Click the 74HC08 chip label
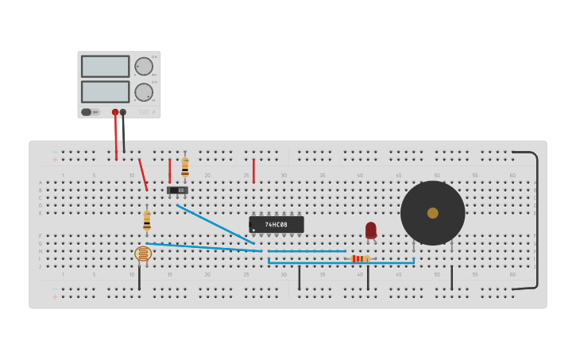pyautogui.click(x=276, y=225)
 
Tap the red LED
pyautogui.click(x=371, y=230)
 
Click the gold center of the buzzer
pyautogui.click(x=432, y=213)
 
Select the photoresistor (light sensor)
pyautogui.click(x=143, y=254)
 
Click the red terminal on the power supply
pyautogui.click(x=115, y=112)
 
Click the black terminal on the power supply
pyautogui.click(x=123, y=112)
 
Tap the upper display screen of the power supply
pyautogui.click(x=105, y=66)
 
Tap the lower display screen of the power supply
pyautogui.click(x=105, y=91)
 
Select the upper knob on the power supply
pyautogui.click(x=143, y=66)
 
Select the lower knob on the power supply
pyautogui.click(x=143, y=91)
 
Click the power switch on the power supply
pyautogui.click(x=87, y=112)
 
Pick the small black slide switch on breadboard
pyautogui.click(x=177, y=190)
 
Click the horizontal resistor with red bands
pyautogui.click(x=360, y=258)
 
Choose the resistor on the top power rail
pyautogui.click(x=185, y=166)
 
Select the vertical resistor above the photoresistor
pyautogui.click(x=147, y=219)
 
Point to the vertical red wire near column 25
pyautogui.click(x=253, y=170)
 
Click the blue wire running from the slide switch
pyautogui.click(x=215, y=223)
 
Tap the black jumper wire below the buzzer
pyautogui.click(x=452, y=277)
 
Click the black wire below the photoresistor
pyautogui.click(x=139, y=277)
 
